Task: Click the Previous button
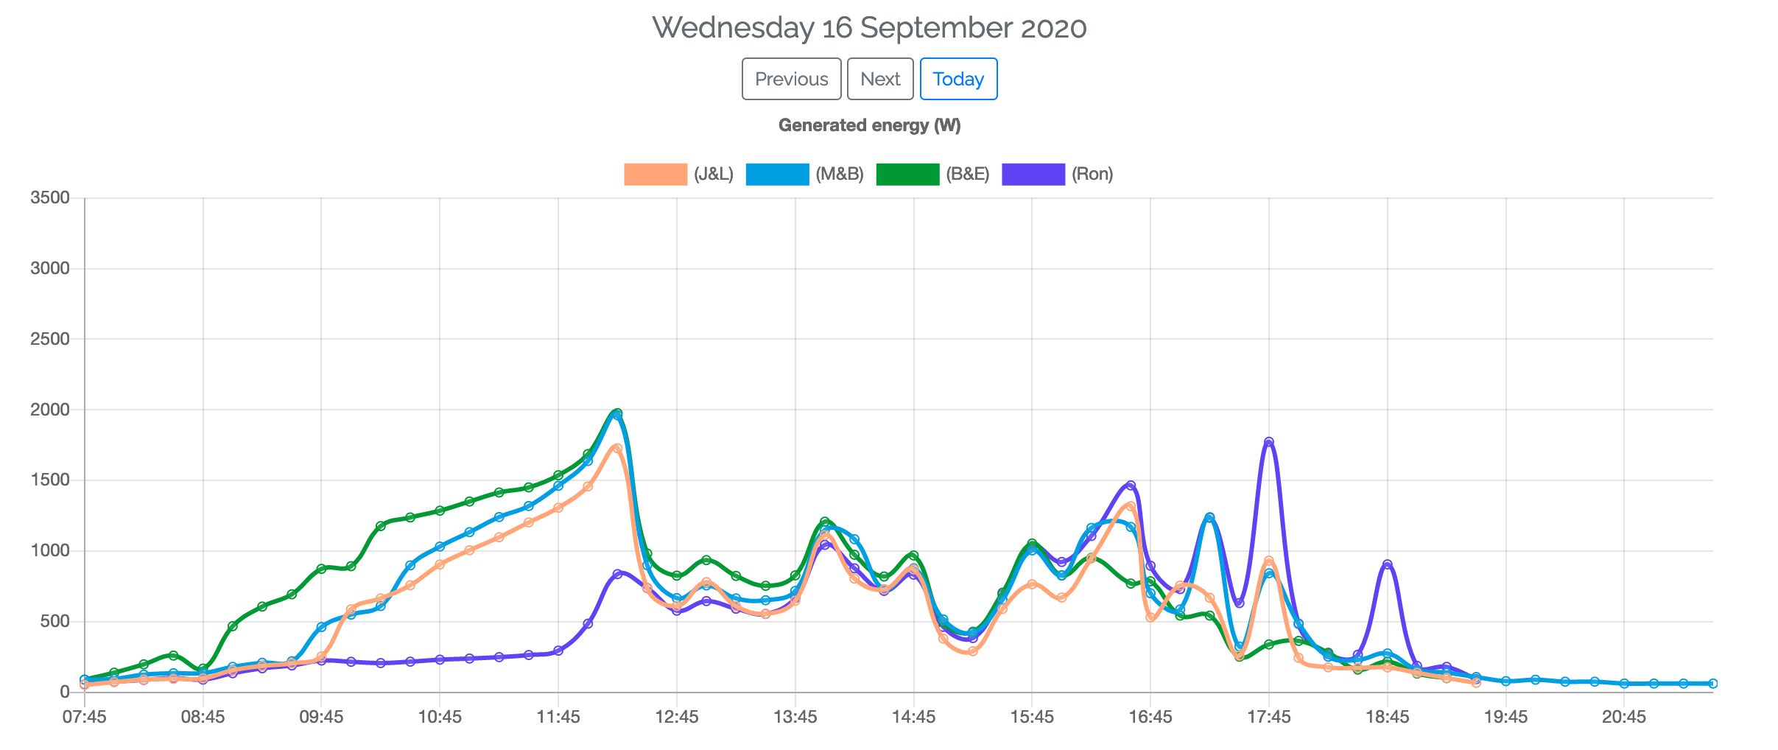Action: tap(791, 79)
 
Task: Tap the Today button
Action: tap(958, 79)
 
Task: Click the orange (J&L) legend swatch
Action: tap(655, 175)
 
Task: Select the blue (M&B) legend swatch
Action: tap(777, 175)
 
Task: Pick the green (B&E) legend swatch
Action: tap(907, 175)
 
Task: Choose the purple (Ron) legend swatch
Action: tap(1033, 175)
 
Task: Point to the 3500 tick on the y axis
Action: tap(50, 197)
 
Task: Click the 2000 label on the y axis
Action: tap(50, 410)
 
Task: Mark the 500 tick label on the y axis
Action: tap(55, 621)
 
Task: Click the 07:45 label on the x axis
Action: tap(85, 717)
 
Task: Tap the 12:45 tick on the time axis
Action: tap(677, 717)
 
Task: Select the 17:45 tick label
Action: tap(1269, 717)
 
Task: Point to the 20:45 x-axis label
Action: tap(1624, 717)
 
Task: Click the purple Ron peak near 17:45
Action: tap(1268, 442)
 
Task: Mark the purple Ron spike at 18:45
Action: tap(1387, 564)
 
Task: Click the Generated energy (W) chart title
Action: tap(869, 125)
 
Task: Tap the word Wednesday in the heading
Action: tap(733, 28)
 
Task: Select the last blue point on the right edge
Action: tap(1712, 684)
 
